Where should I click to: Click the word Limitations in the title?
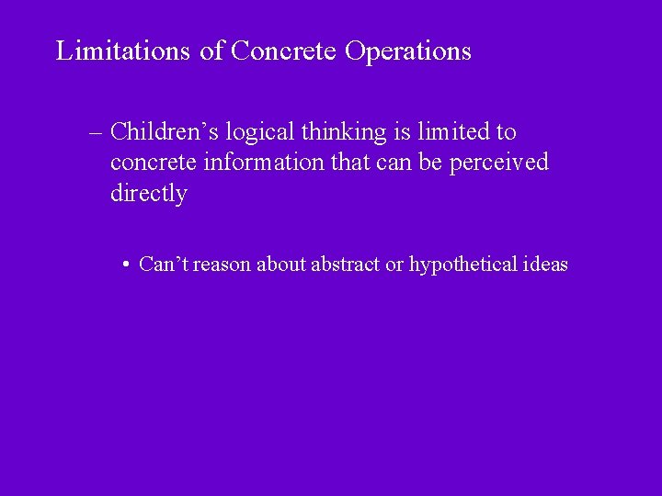(x=124, y=51)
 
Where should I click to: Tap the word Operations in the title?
(x=408, y=51)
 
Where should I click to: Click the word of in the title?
(x=211, y=51)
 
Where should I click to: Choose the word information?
(x=259, y=163)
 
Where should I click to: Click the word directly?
(x=148, y=195)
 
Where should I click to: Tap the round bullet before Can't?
(x=124, y=265)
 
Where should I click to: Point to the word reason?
(x=222, y=265)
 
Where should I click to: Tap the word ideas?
(x=546, y=265)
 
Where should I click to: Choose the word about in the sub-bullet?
(x=281, y=265)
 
